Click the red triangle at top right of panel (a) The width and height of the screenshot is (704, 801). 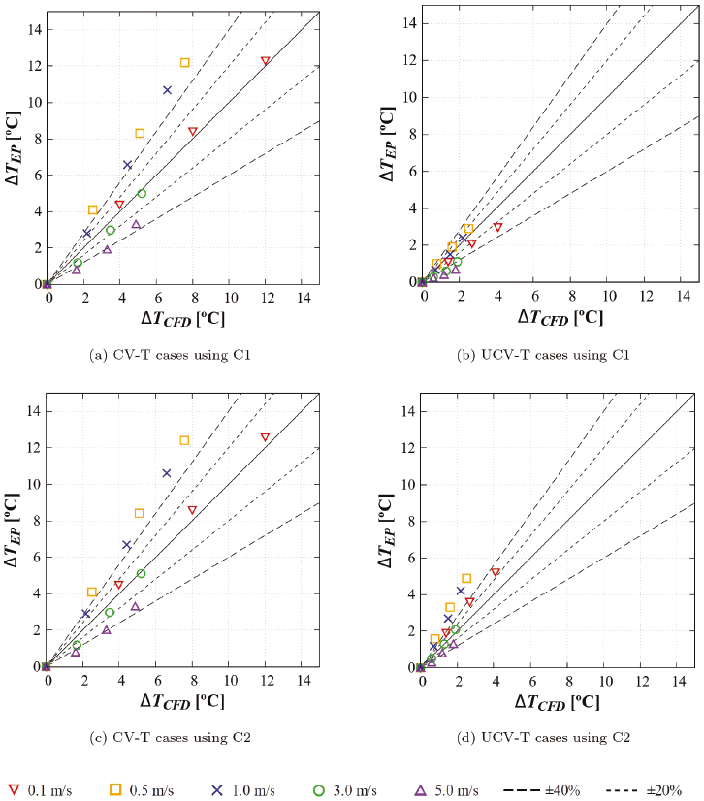pos(265,61)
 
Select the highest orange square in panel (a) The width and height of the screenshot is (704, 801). pos(184,63)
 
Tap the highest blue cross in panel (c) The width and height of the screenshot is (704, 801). pos(167,473)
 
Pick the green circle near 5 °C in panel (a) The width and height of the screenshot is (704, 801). pos(142,193)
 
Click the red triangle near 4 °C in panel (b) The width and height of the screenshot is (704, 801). pos(497,227)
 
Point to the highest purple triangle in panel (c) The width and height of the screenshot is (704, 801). pos(136,607)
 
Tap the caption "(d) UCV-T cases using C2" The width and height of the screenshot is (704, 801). pos(544,738)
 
